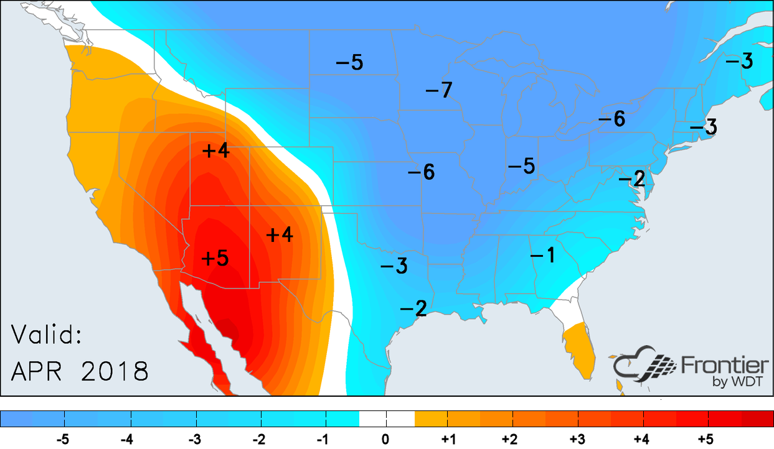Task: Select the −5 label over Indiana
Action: pos(521,166)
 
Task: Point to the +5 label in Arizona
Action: pos(215,257)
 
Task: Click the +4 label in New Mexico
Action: pos(279,234)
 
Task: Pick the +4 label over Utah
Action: pos(216,150)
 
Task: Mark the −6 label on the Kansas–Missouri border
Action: pos(421,172)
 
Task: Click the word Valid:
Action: pos(46,336)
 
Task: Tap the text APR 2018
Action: pos(80,371)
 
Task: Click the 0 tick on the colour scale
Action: pos(386,439)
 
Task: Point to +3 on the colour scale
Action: pos(577,439)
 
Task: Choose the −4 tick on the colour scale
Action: pos(127,439)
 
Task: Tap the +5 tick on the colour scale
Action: pos(706,439)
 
